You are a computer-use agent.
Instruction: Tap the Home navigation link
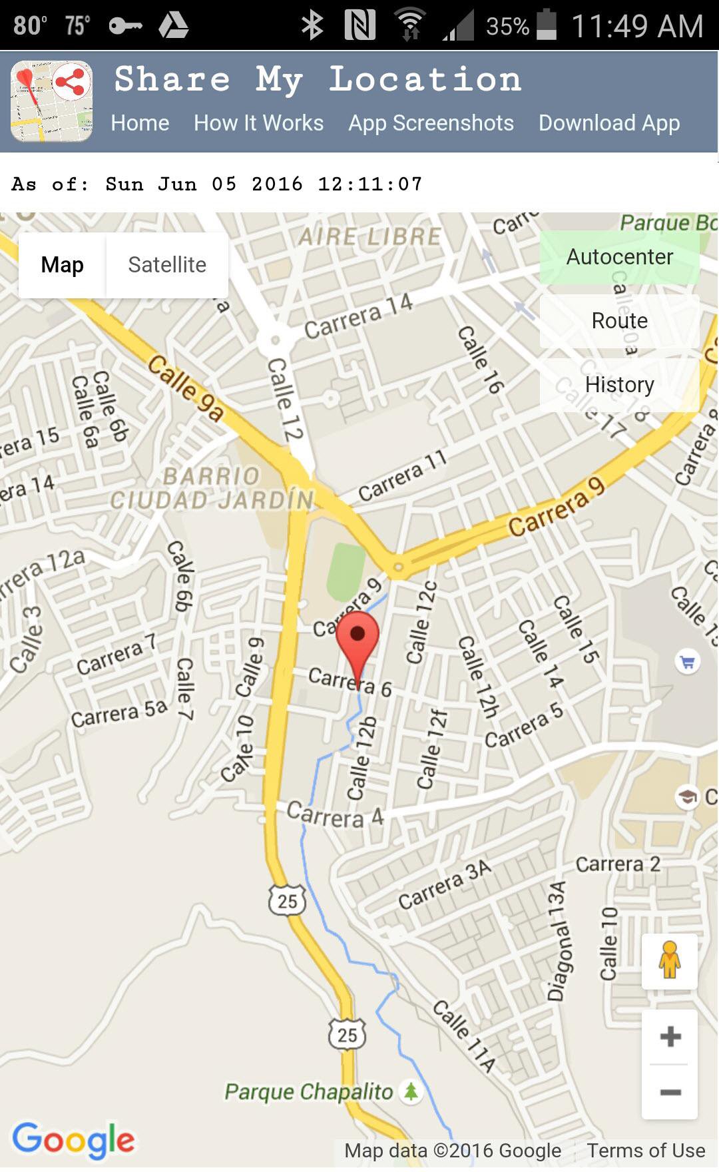[140, 123]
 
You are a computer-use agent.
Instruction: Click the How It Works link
[258, 123]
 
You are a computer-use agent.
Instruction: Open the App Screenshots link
[431, 123]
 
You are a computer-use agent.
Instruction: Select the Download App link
[609, 123]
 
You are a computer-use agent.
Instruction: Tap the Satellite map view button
[167, 265]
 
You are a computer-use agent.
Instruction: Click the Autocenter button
[619, 257]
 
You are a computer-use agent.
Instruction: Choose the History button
[619, 385]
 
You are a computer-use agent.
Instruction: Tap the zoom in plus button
[670, 1036]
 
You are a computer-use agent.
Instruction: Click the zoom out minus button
[670, 1092]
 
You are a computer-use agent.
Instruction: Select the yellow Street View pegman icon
[670, 961]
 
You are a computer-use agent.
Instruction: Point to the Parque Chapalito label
[309, 1092]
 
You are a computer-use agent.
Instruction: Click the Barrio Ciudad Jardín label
[212, 489]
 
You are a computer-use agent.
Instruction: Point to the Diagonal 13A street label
[558, 941]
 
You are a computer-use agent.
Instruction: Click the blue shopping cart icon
[687, 662]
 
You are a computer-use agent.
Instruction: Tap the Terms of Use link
[645, 1151]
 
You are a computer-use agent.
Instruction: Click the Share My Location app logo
[51, 101]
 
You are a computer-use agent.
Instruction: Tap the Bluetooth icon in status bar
[312, 26]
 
